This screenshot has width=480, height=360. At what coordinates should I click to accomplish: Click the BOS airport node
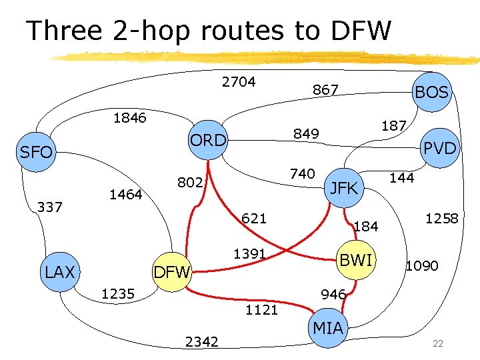431,91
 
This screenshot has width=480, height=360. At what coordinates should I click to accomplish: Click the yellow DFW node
172,271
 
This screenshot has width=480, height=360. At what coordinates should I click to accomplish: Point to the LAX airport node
60,271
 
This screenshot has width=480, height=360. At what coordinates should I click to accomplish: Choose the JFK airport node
345,187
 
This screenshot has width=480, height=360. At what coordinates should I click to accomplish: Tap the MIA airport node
328,327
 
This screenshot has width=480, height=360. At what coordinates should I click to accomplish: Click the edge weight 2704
239,82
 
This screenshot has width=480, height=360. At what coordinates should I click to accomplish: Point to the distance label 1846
131,119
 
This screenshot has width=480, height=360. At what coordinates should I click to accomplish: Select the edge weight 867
325,90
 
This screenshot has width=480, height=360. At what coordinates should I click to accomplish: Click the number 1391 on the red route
249,254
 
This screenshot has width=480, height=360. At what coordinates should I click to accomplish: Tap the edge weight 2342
202,342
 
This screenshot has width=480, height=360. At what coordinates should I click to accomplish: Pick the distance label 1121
261,309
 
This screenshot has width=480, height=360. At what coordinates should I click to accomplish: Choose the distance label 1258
442,218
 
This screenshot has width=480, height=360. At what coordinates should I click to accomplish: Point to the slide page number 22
437,344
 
